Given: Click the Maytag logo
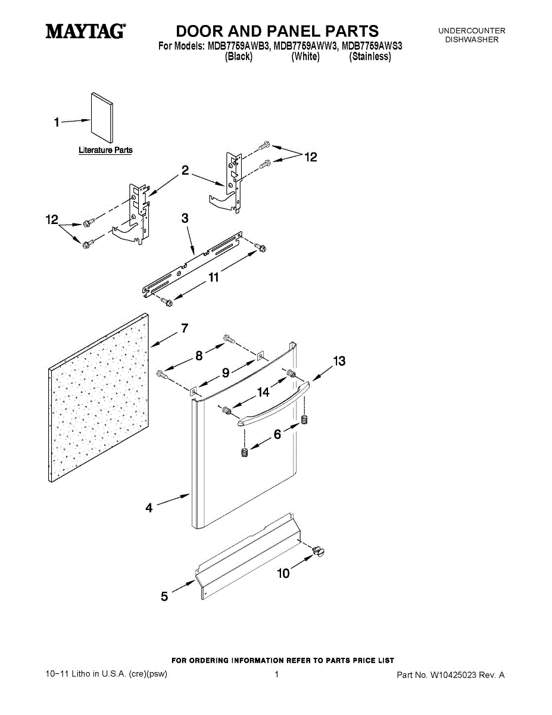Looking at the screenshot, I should click(86, 31).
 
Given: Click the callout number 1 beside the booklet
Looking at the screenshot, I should click(57, 123).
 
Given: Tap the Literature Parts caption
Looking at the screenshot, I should click(105, 151).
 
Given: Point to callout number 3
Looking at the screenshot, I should click(185, 219).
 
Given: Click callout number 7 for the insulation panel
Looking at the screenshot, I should click(185, 328).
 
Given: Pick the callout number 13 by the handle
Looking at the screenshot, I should click(339, 361).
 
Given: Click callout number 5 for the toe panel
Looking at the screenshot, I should click(164, 595).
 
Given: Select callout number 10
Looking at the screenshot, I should click(284, 573).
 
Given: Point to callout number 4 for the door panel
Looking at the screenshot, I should click(149, 508).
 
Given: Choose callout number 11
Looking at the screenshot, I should click(213, 277).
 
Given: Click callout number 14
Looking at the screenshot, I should click(263, 392).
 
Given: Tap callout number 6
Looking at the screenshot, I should click(277, 434).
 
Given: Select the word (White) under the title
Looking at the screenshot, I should click(305, 57).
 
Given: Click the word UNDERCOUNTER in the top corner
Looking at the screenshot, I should click(472, 31).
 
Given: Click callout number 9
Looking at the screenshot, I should click(226, 373).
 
